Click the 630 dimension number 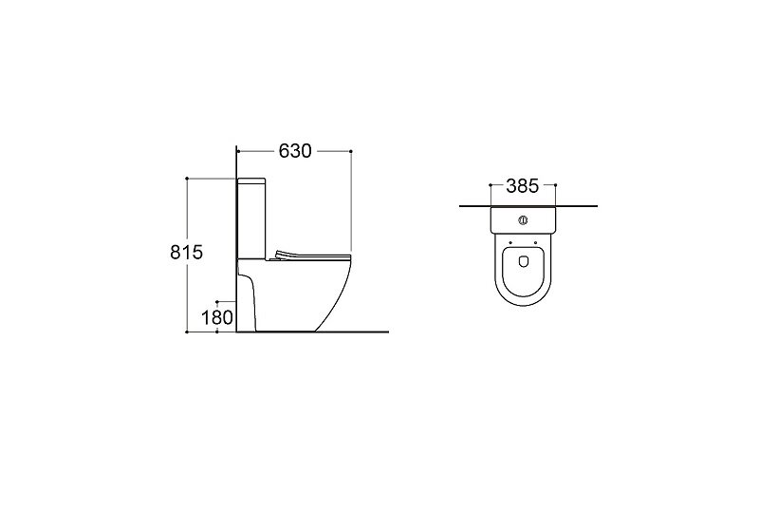coord(295,151)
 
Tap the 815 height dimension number coord(186,253)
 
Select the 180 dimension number coord(217,318)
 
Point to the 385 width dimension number coord(523,185)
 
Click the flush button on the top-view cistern coord(523,220)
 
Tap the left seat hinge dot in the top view coord(510,243)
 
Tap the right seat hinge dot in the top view coord(535,243)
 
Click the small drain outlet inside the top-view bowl coord(523,261)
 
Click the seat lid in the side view coord(312,255)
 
